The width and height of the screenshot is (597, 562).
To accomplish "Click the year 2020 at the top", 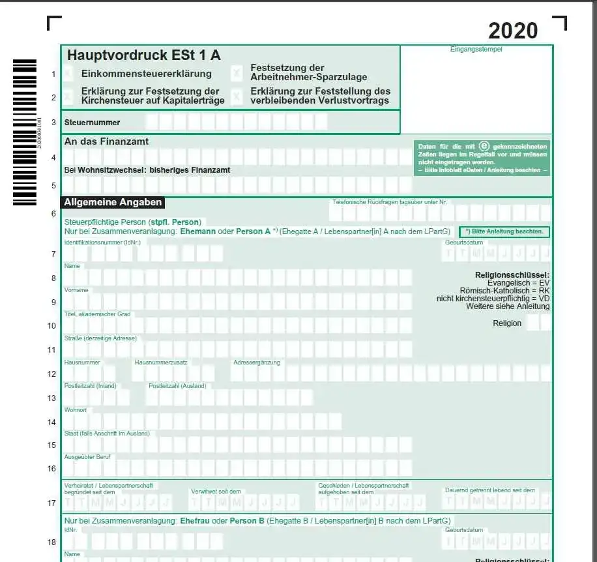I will pos(513,30).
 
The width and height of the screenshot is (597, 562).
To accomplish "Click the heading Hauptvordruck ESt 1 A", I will pos(143,55).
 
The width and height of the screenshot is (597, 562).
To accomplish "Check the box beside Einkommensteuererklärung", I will pos(68,74).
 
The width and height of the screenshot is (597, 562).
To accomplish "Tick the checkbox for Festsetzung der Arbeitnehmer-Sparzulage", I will pos(237,73).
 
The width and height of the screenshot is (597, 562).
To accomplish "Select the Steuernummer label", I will pos(92,122).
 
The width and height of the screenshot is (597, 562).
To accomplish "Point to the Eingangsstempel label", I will pos(476,49).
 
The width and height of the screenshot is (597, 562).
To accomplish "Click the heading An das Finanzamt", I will pos(106,141).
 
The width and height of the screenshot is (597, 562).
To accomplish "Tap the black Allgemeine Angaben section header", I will pos(112,202).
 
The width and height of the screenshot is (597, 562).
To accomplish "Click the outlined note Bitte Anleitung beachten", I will pos(504,231).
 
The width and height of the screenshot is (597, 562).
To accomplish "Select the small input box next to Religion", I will pos(532,323).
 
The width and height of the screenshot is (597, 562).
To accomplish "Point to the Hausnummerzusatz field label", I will pos(161,362).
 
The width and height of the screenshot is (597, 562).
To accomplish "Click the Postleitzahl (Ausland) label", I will pos(177,386).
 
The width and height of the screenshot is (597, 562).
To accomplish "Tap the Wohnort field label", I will pos(76,410).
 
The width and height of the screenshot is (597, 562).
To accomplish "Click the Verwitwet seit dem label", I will pos(216,491).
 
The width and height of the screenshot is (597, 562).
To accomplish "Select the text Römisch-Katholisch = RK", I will pos(504,291).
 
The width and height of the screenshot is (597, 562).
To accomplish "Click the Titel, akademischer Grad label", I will pos(97,314).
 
